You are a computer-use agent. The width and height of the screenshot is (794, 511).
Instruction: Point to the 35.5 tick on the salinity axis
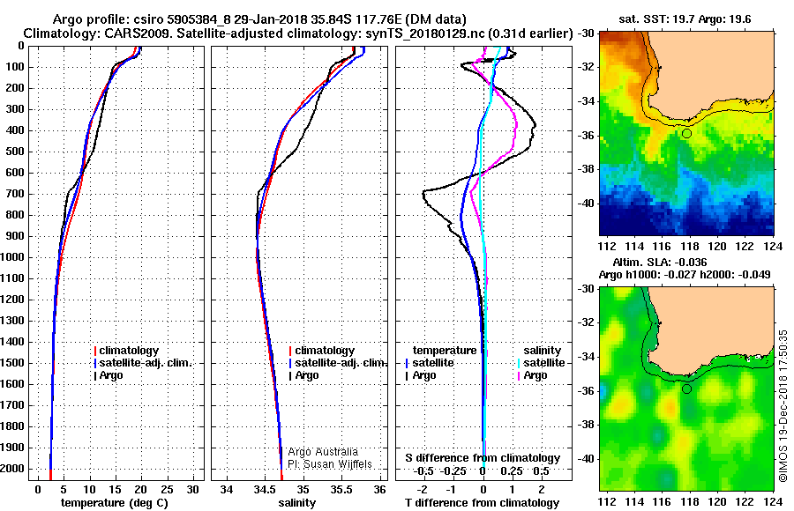click(341, 489)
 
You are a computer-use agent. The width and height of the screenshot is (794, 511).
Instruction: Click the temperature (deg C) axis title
click(115, 503)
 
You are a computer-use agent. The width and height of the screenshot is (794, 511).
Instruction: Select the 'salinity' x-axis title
click(296, 503)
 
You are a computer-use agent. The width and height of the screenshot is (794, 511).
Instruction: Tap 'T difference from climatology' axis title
click(482, 503)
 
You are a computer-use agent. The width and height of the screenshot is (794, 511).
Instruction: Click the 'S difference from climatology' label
click(483, 458)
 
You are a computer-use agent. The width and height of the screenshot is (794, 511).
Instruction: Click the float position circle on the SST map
click(686, 134)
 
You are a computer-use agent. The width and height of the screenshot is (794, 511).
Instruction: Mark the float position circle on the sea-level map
click(686, 389)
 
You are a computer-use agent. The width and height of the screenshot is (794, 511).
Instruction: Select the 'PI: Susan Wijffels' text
click(330, 464)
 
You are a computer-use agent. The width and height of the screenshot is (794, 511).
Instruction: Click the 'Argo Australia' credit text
click(323, 452)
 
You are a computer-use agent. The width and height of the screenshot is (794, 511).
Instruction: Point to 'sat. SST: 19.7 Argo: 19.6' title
click(685, 19)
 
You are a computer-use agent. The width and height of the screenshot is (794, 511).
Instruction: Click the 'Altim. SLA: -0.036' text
click(660, 262)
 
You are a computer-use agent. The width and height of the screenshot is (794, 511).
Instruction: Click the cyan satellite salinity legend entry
click(541, 363)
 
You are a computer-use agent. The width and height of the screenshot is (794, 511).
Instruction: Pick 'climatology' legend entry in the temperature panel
click(126, 351)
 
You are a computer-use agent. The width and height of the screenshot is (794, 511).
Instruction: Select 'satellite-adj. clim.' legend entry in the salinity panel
click(338, 363)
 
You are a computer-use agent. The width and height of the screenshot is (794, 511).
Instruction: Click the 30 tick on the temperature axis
click(192, 489)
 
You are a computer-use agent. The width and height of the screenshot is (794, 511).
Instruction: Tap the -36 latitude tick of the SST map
click(586, 136)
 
